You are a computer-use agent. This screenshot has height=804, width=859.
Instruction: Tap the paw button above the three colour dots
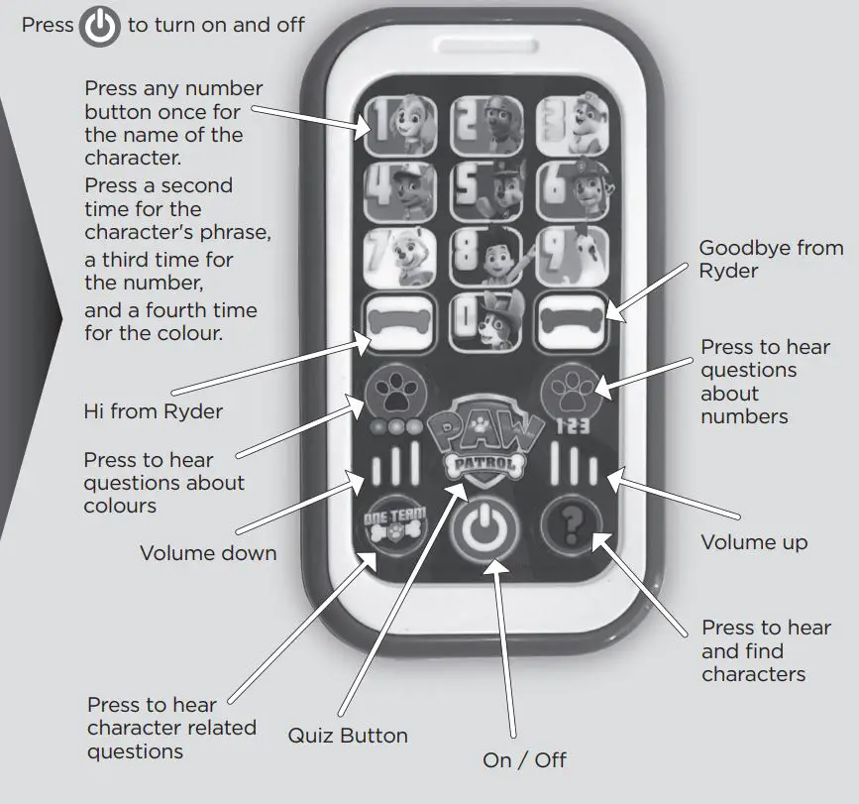pos(391,394)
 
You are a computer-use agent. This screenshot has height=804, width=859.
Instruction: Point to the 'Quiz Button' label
pos(348,736)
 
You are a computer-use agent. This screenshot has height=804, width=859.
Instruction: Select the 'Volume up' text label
pos(754,542)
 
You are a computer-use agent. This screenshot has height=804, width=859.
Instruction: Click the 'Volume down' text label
pos(208,553)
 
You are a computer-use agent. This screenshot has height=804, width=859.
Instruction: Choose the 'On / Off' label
pos(524,760)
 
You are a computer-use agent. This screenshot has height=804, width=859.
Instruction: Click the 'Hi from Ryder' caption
pos(152,411)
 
